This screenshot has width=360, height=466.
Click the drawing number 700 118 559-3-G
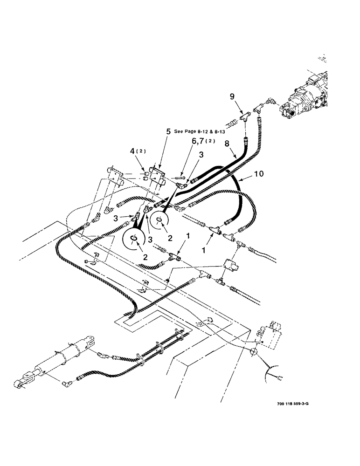[286, 404]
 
